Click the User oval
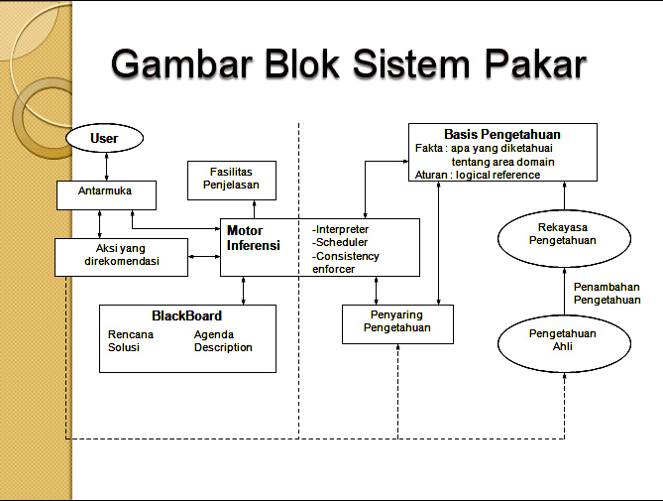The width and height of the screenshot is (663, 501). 104,138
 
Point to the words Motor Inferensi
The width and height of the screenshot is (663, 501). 254,238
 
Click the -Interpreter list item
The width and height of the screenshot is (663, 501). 341,229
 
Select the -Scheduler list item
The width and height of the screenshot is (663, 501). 340,242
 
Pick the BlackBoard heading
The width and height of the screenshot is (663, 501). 187,315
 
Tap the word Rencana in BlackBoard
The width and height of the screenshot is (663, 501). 131,334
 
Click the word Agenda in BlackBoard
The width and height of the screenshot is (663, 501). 214,334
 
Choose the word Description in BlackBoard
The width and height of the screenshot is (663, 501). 223,347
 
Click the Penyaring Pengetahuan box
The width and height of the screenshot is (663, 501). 397,321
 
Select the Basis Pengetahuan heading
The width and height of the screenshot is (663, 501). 502,134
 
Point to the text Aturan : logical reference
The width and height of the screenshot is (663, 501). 478,175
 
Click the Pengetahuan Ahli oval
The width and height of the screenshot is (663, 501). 563,340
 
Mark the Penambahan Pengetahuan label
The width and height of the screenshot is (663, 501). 607,293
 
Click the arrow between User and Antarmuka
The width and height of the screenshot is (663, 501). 105,166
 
